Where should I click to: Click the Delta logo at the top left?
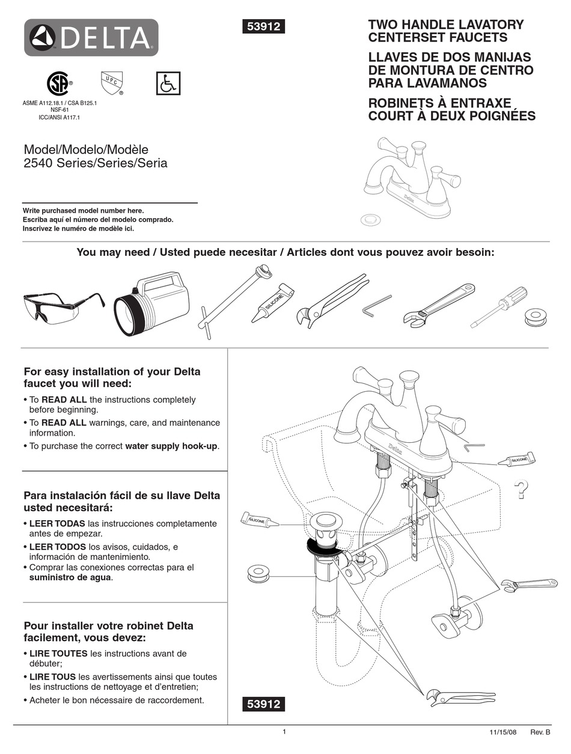91,38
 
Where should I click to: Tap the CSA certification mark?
59,84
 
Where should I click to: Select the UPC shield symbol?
111,83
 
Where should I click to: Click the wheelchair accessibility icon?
168,84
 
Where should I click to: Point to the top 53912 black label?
263,26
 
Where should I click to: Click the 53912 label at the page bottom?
263,704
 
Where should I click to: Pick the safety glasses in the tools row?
63,306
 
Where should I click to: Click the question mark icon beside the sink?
522,490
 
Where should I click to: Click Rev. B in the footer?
539,733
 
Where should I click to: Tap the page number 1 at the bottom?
284,732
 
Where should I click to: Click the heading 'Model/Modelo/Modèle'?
85,149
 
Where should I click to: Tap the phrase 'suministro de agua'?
71,578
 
